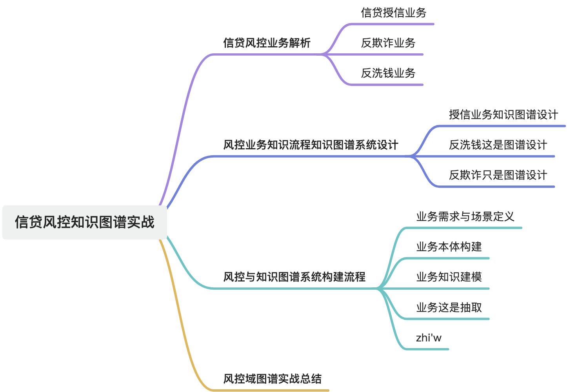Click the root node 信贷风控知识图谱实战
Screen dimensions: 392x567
(x=85, y=222)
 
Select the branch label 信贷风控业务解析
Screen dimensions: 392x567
(x=267, y=43)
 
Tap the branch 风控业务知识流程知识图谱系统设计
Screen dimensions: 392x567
(x=311, y=145)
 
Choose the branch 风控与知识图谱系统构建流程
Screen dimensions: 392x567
(x=294, y=277)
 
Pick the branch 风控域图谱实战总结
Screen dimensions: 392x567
(x=272, y=379)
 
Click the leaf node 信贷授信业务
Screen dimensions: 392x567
(x=393, y=13)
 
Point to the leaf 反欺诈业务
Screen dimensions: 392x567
(x=388, y=43)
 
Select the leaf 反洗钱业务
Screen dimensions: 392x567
(x=388, y=73)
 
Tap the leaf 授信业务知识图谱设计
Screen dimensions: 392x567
(x=503, y=114)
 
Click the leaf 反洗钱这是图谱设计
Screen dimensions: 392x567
(x=498, y=145)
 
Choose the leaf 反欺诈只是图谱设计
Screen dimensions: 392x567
(x=498, y=175)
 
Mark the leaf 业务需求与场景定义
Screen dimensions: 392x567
(x=465, y=216)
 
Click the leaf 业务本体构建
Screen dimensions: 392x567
(x=449, y=247)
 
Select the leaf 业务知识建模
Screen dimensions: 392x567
(x=449, y=277)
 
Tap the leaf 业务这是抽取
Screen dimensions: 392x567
(x=449, y=307)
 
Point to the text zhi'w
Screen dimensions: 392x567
(x=428, y=338)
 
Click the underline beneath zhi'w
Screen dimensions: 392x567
(x=427, y=349)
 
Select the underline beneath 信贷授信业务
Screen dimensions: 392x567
(x=392, y=24)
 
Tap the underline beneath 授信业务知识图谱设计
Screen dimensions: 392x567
(x=502, y=126)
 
